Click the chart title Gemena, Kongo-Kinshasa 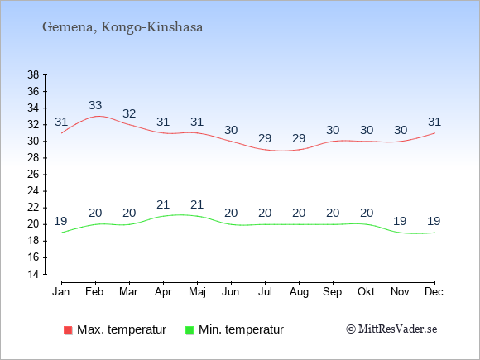click(x=122, y=27)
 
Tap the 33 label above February click(x=95, y=105)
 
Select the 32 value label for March click(x=129, y=113)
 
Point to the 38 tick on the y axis click(x=33, y=74)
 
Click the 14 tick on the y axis click(x=33, y=274)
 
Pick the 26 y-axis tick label click(x=33, y=175)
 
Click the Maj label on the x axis click(x=197, y=292)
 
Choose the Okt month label click(x=366, y=292)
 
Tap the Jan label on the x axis click(x=61, y=292)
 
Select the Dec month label click(x=434, y=292)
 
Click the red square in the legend click(x=68, y=330)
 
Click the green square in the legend click(x=190, y=330)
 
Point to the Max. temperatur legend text click(x=122, y=329)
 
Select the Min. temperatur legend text click(x=241, y=329)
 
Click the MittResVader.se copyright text click(x=391, y=329)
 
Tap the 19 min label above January click(x=60, y=221)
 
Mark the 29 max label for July click(x=265, y=138)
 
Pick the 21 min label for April click(x=163, y=204)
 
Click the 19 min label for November click(x=400, y=221)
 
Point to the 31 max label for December click(x=434, y=122)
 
